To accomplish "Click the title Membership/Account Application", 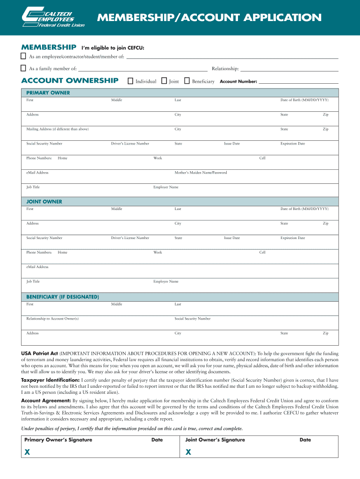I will tap(209, 18).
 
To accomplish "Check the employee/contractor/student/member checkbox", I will tap(23, 56).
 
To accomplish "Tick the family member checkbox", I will tap(23, 68).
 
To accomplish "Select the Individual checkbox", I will tap(130, 81).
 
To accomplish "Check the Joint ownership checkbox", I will tap(164, 81).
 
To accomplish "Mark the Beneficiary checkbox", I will tap(187, 81).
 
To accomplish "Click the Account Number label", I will tap(238, 81).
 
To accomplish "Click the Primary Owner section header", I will tap(48, 93).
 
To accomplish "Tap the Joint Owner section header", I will tap(44, 202).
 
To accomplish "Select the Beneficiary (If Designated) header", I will tap(62, 297).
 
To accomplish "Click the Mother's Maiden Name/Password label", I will tap(201, 173).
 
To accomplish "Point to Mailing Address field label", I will tap(58, 129).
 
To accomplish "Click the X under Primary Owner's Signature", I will tap(27, 452).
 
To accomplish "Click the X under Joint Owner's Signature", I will tap(188, 452).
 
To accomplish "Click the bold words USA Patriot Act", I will tap(39, 353).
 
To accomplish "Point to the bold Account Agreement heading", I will tap(46, 401).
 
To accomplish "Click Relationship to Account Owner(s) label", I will tap(52, 319).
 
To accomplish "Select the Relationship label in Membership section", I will tap(225, 69).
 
